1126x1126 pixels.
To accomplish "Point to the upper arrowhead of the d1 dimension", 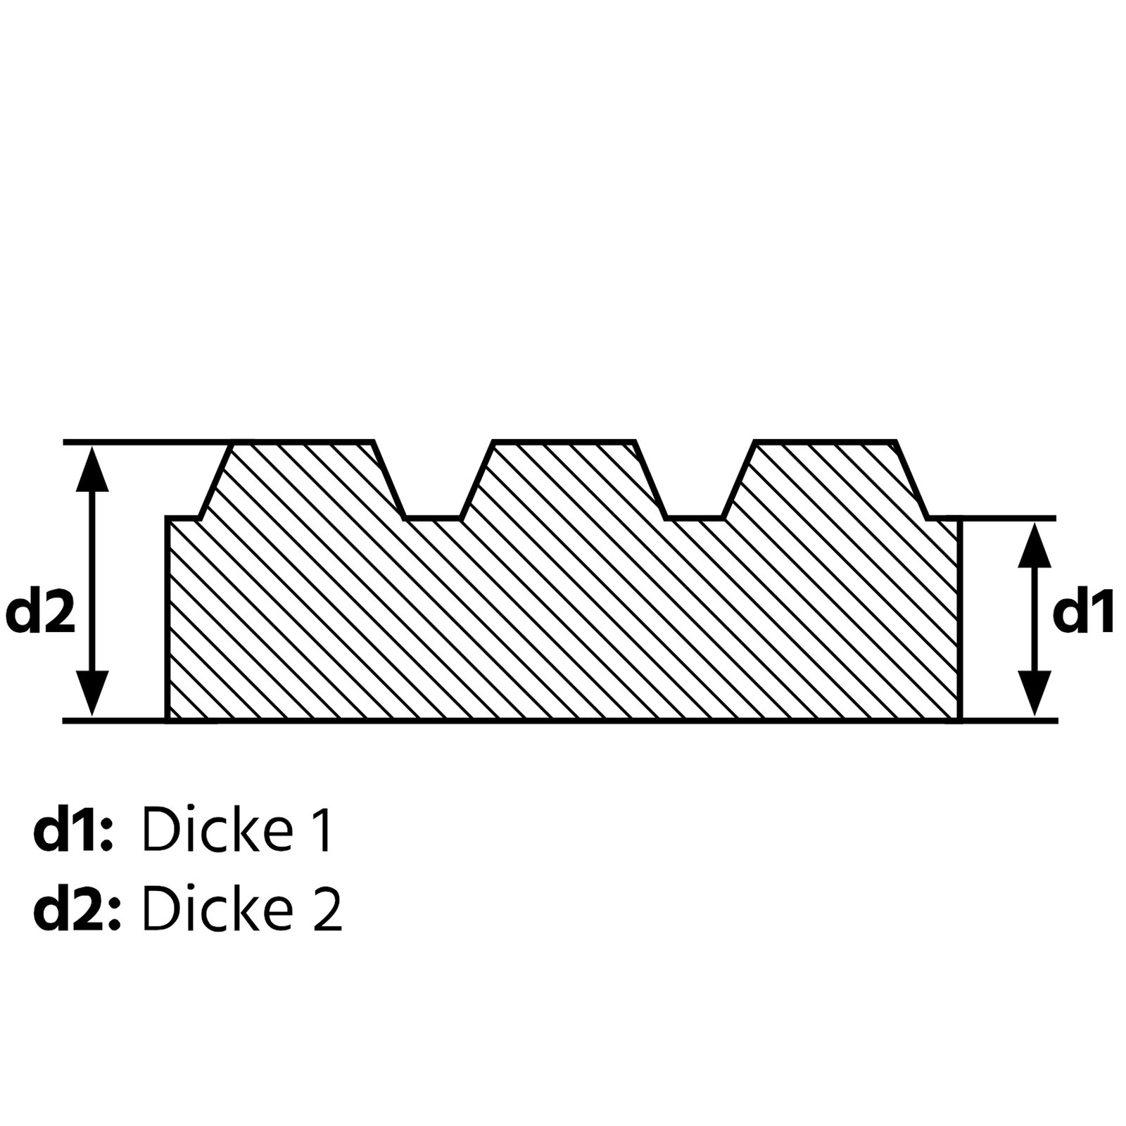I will pos(1035,545).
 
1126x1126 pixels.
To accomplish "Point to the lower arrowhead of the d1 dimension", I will pos(1035,694).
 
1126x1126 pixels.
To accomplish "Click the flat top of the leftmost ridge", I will pos(303,443).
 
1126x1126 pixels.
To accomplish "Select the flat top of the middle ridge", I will pos(564,443).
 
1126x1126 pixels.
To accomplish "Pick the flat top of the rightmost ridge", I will pos(825,443).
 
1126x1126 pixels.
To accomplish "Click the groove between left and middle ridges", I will pos(433,517).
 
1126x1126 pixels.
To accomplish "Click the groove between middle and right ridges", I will pos(695,517).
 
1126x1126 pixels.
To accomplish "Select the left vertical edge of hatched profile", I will pos(167,619).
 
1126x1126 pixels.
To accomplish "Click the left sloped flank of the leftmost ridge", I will pos(215,480).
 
